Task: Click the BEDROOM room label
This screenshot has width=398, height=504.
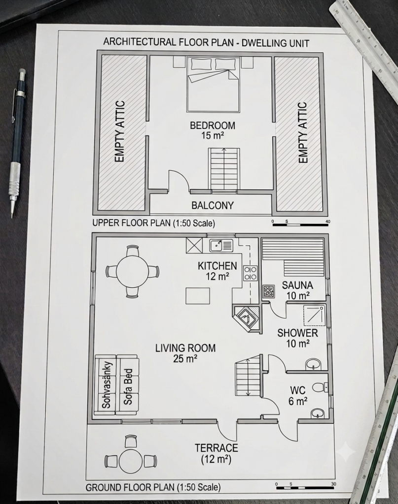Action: (x=213, y=126)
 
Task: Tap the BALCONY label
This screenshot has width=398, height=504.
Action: (x=213, y=205)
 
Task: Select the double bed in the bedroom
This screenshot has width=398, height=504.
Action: (x=214, y=85)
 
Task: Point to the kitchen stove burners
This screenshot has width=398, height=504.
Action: (x=250, y=273)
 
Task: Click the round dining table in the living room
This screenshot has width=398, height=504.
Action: (x=132, y=271)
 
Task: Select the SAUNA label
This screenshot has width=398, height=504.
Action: (x=297, y=285)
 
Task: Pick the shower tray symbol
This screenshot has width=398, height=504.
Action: (x=314, y=315)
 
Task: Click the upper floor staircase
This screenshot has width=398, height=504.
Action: (x=224, y=169)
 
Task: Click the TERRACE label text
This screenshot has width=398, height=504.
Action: (x=217, y=448)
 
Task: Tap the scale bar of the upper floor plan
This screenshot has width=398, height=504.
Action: (x=301, y=224)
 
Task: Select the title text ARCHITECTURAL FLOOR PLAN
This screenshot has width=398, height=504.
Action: (x=168, y=42)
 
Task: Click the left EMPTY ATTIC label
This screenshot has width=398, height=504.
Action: (x=119, y=131)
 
